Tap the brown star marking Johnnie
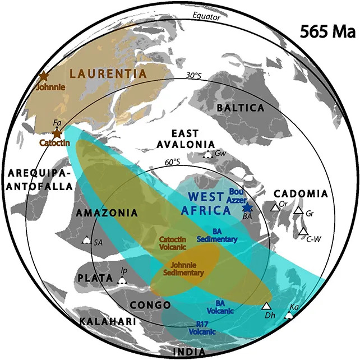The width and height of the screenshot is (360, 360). tap(43, 76)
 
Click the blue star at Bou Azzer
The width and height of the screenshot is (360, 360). tap(248, 207)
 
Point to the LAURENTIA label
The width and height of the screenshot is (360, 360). tap(108, 73)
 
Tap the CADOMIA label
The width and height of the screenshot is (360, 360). tap(305, 193)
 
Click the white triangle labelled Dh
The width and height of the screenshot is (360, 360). tap(266, 306)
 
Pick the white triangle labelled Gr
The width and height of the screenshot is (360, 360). tap(298, 211)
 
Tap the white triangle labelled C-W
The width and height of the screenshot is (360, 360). tap(303, 231)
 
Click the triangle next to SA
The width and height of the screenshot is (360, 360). tap(86, 241)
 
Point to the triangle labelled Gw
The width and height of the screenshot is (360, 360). tap(207, 154)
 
